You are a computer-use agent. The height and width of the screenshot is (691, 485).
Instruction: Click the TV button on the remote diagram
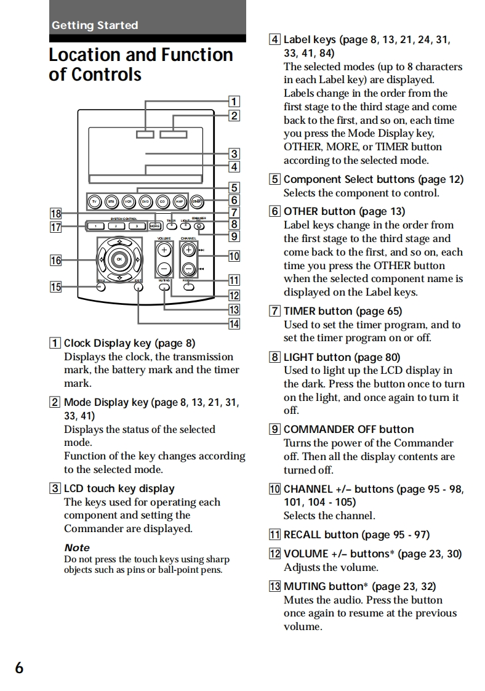[x=94, y=201]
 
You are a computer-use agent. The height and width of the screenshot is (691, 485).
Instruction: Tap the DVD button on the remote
[x=145, y=201]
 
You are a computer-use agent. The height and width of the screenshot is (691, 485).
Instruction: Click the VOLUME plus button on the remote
[x=164, y=250]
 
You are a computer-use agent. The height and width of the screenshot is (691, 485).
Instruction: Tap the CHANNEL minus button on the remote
[x=189, y=269]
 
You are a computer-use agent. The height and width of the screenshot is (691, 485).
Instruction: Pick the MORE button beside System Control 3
[x=155, y=226]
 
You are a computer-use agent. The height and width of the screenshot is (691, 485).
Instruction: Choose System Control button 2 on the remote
[x=116, y=226]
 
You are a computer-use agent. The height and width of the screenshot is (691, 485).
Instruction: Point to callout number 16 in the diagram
[x=56, y=261]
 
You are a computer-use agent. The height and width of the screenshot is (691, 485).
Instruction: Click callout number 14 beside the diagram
[x=234, y=323]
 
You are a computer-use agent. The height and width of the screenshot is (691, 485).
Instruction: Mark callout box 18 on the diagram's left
[x=56, y=214]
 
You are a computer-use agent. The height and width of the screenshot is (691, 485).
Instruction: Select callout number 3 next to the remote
[x=234, y=153]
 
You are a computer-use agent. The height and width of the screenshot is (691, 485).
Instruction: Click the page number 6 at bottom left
[x=20, y=668]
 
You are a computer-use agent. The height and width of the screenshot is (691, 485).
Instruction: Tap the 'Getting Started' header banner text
[x=95, y=25]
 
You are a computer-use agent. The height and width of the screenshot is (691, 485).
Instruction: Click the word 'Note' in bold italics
[x=77, y=548]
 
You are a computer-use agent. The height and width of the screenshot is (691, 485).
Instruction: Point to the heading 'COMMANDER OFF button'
[x=348, y=429]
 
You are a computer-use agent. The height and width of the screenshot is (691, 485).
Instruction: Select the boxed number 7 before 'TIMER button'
[x=275, y=311]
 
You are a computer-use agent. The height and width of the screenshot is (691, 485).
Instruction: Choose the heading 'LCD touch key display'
[x=119, y=488]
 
